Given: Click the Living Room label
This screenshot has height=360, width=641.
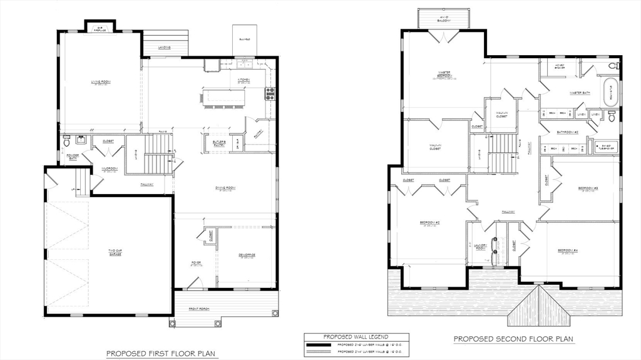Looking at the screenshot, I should pos(100,82).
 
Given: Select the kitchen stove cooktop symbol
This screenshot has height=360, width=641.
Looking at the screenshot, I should pos(270,94).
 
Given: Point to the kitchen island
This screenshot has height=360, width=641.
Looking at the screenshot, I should pos(223,97).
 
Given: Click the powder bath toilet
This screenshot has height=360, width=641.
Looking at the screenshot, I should pos(68,140).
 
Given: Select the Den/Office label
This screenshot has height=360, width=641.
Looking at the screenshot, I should pos(247,255).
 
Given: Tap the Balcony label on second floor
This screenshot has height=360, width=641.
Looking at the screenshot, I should pos(444,19).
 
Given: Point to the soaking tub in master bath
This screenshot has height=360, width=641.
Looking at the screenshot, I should pos(610,92).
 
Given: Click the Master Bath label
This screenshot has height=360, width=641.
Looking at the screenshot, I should pos(580,93).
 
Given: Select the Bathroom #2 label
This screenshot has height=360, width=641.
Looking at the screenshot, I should pos(568,132).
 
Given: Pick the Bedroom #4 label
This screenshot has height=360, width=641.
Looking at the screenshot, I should pos(568,251).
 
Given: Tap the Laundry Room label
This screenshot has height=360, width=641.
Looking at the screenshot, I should pos(480,247).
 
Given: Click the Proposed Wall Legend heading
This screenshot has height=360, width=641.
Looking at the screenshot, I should pos(356,337).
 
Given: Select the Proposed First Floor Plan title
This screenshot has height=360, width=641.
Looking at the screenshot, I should pos(161,353).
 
